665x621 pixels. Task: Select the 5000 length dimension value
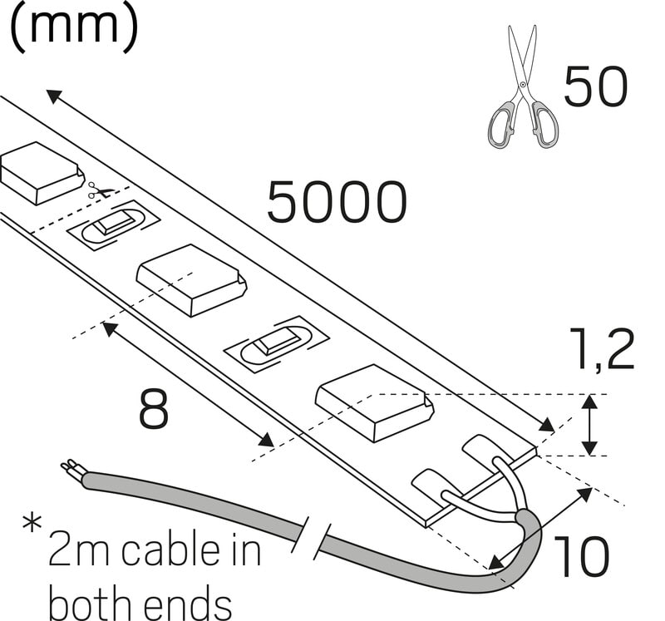coord(337,202)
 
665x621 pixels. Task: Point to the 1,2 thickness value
coord(602,350)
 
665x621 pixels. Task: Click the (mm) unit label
coord(72,27)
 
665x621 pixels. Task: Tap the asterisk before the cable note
coord(32,525)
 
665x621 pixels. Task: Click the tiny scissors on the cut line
coord(101,192)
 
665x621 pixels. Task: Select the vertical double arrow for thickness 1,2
coord(589,425)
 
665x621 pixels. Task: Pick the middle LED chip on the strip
coord(191,279)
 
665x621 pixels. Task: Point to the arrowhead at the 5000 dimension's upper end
coord(53,96)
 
